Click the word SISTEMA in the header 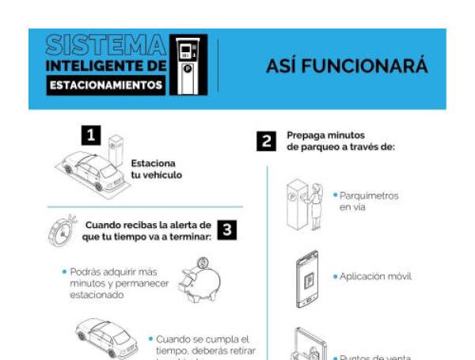tap(106, 44)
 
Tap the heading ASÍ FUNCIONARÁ tap(346, 67)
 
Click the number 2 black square tap(266, 142)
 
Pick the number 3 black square tap(226, 229)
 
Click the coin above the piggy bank tap(203, 262)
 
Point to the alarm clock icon tap(62, 232)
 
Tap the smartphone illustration tap(307, 279)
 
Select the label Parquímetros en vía tap(368, 201)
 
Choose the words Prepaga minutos tap(325, 135)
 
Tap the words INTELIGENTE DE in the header tap(106, 64)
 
